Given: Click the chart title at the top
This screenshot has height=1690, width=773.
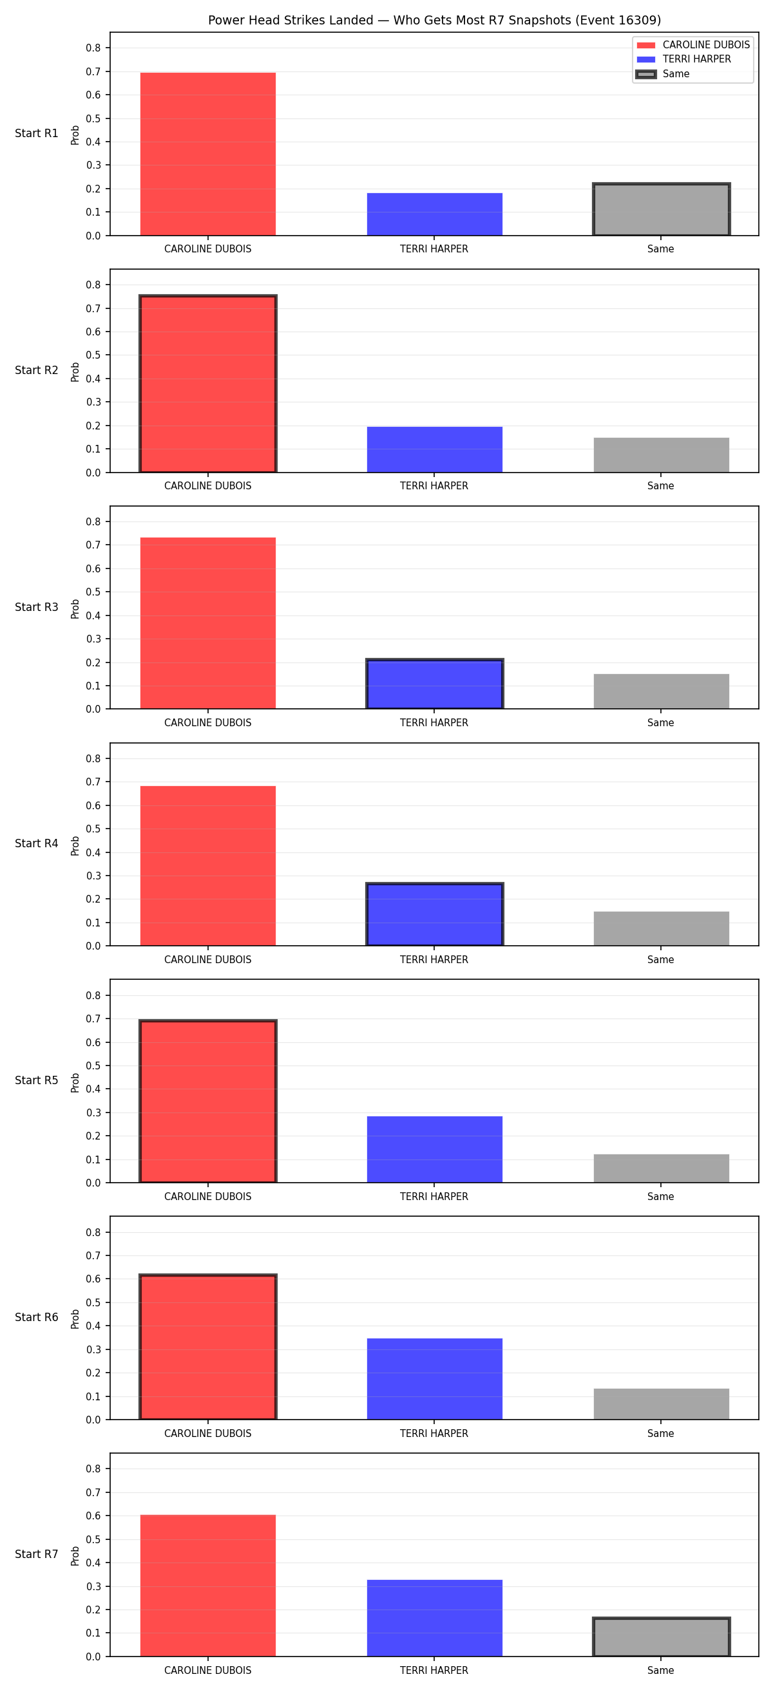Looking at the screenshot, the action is (x=434, y=21).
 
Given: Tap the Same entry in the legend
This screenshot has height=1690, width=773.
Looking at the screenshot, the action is (x=663, y=74).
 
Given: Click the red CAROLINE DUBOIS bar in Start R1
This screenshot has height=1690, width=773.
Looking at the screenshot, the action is (x=208, y=154).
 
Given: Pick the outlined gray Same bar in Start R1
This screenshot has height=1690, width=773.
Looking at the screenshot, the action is (x=662, y=209).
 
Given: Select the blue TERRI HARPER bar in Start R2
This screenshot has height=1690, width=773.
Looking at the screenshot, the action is (x=434, y=449).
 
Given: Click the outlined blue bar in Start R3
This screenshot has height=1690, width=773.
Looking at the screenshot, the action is (x=434, y=684).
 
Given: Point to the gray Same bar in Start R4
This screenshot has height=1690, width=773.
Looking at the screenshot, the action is (x=662, y=928).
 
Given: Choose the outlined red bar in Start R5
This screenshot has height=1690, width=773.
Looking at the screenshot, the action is (x=208, y=1101).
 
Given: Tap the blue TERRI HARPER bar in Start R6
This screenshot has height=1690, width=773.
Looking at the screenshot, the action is (x=434, y=1379).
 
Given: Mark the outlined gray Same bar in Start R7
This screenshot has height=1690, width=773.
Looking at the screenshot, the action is (x=662, y=1637).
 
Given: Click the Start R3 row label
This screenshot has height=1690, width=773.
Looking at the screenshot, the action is (x=37, y=608).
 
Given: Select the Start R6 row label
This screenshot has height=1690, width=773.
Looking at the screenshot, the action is (x=37, y=1317).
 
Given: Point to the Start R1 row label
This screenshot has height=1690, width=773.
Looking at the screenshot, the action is (x=37, y=134).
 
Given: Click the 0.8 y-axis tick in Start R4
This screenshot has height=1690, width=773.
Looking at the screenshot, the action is (x=93, y=758).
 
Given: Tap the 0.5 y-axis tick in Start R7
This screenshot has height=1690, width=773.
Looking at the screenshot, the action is (x=93, y=1540).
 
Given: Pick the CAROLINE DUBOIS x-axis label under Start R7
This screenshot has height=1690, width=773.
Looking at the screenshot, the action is (x=208, y=1670).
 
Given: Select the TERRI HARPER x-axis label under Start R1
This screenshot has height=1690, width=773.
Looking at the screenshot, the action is (x=434, y=249).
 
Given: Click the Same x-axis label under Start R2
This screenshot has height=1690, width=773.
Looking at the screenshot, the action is (x=661, y=486).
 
